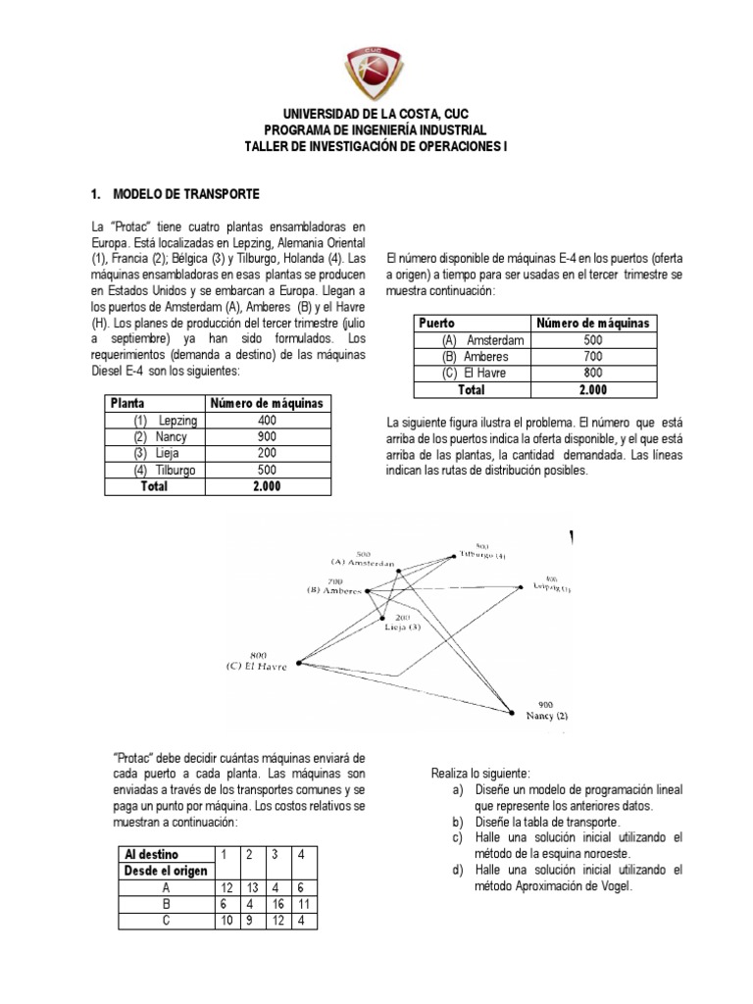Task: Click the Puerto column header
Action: click(437, 322)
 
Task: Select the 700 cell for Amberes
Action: click(592, 355)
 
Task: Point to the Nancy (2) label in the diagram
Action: click(546, 716)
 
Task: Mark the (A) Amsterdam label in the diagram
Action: click(362, 563)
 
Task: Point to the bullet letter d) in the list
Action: click(457, 870)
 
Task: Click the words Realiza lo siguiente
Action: click(480, 775)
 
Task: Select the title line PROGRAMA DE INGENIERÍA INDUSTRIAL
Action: click(376, 130)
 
